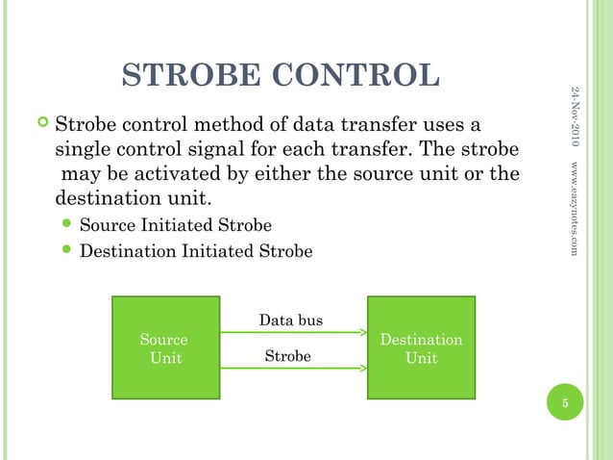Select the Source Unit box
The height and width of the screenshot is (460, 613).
pos(165,347)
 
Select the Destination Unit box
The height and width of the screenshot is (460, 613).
pos(421,347)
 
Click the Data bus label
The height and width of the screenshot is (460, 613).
pos(291,319)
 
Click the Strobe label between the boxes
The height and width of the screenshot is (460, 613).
pos(288,357)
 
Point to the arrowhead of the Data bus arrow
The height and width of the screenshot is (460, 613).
pos(363,333)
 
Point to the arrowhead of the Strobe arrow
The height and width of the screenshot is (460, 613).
pos(363,367)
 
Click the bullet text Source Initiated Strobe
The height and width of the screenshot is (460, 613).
pos(175,226)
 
